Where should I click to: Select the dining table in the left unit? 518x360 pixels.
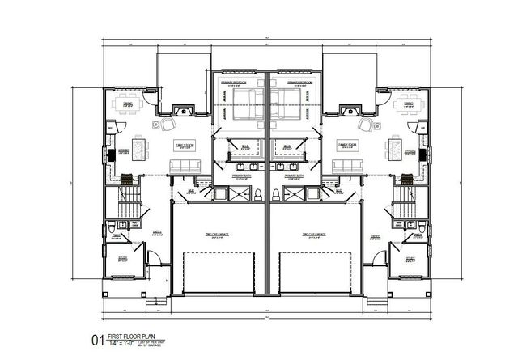[127, 104]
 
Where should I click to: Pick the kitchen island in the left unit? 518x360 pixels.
[140, 148]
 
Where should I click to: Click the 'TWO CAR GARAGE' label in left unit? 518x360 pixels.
[215, 235]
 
